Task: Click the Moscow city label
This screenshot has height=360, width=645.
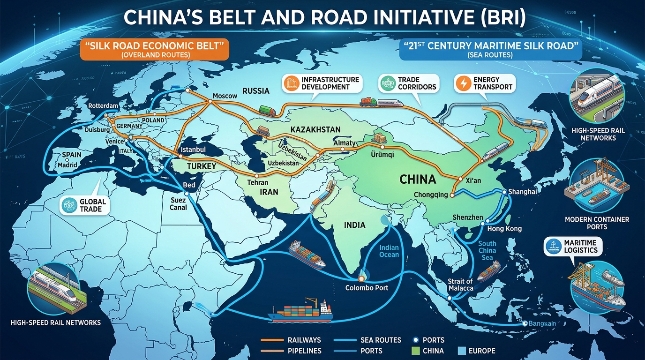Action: [x=225, y=96]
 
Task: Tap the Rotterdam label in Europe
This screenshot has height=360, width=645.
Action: [x=103, y=106]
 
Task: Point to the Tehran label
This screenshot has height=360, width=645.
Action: [x=258, y=182]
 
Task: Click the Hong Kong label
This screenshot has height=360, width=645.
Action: [x=504, y=229]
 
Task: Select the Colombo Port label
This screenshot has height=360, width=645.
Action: [x=367, y=287]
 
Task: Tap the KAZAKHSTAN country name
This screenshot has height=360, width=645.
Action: [x=315, y=129]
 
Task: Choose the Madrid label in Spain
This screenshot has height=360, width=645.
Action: [x=67, y=165]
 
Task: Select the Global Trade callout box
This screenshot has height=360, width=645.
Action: [x=85, y=205]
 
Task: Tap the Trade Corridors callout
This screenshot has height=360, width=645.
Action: [x=408, y=83]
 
